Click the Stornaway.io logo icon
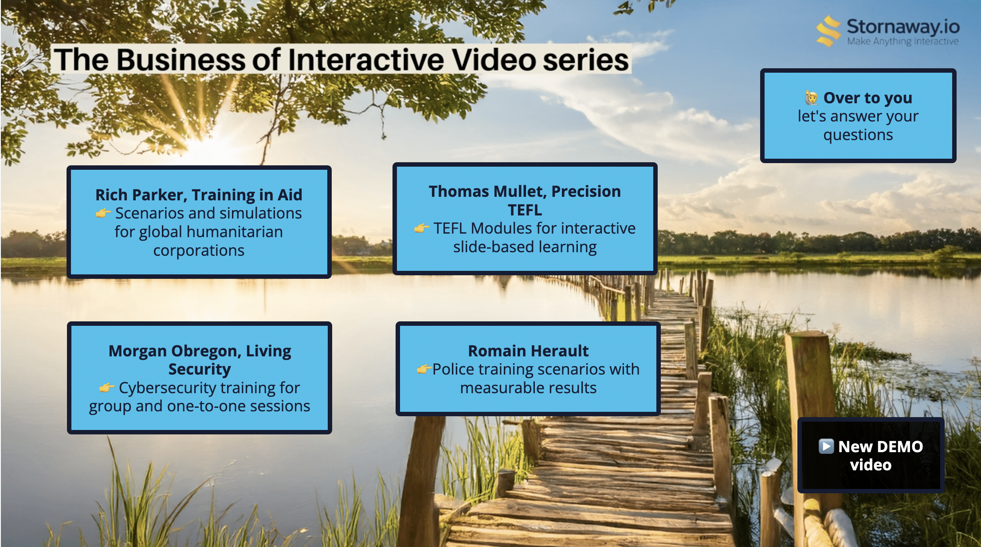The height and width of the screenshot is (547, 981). tap(828, 31)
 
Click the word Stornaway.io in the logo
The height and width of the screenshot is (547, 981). tap(903, 27)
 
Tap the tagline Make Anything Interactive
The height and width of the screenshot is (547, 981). tap(903, 41)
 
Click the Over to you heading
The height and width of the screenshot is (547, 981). tap(867, 98)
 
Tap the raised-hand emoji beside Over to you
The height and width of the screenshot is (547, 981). tap(812, 98)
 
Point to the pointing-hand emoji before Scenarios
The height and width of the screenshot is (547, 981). tap(103, 213)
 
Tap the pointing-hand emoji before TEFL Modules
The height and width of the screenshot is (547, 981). tap(421, 228)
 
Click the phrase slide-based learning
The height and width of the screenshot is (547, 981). tap(525, 247)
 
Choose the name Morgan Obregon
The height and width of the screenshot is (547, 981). tap(175, 351)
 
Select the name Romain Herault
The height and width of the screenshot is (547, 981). tap(528, 351)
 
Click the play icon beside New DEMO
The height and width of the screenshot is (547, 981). tap(826, 446)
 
